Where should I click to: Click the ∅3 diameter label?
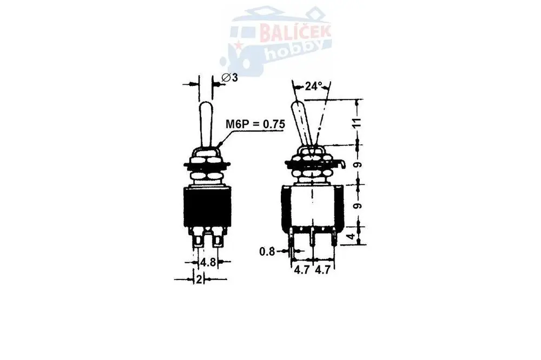click(x=230, y=78)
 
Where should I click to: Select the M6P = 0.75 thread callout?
click(x=255, y=124)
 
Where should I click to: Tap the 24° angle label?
click(x=313, y=86)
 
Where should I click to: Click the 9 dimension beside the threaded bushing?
click(x=359, y=165)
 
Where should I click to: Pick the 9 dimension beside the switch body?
click(x=359, y=205)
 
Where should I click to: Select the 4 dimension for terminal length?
click(x=351, y=237)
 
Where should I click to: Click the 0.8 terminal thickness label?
click(x=267, y=252)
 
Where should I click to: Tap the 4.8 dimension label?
click(x=208, y=262)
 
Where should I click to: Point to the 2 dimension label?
click(x=199, y=279)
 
